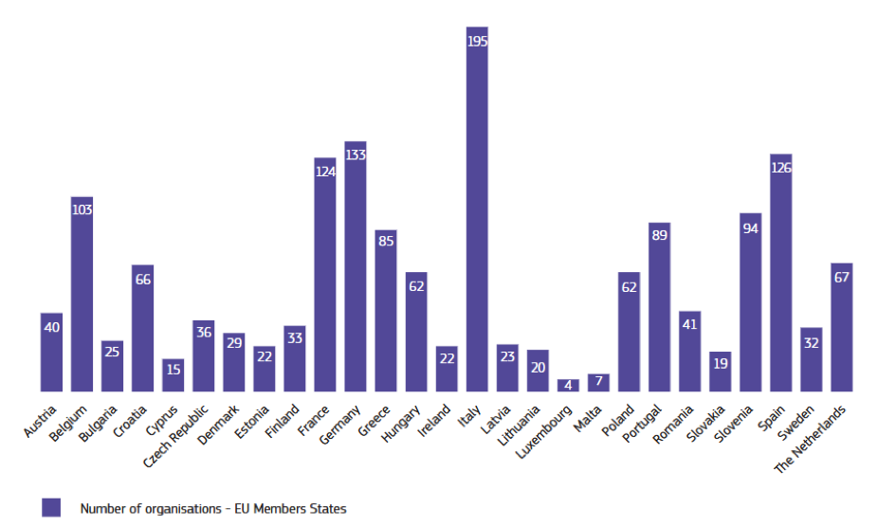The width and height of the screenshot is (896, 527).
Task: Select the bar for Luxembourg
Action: coord(568,386)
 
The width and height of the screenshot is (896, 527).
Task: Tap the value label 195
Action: coord(477,42)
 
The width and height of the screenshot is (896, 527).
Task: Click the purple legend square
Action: coord(51,508)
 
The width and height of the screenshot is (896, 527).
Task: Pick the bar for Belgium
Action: coord(82,294)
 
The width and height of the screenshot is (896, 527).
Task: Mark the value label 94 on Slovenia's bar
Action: coord(751,228)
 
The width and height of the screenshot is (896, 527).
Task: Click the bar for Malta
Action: coord(598,383)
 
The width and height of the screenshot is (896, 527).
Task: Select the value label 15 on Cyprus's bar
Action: coord(173,369)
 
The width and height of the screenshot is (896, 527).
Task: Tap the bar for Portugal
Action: coord(660,308)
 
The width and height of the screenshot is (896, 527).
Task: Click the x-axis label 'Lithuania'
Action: coord(526,425)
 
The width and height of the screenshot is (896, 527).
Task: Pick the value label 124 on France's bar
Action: coord(325,173)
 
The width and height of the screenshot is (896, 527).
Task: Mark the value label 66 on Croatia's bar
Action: coord(142,280)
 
